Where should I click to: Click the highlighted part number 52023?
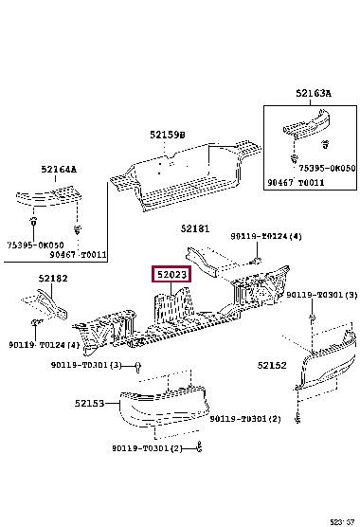[x=171, y=275]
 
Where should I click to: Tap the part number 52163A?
[x=314, y=93]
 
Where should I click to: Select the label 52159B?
[x=168, y=135]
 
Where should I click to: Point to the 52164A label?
[x=59, y=169]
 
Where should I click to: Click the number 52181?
[x=195, y=228]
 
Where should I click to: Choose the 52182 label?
[x=53, y=279]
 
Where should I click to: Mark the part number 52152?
[x=272, y=365]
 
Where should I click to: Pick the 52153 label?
[x=89, y=403]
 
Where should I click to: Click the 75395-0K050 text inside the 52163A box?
[x=327, y=168]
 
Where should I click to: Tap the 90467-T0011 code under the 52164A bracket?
[x=78, y=255]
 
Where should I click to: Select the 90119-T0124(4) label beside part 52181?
[x=266, y=236]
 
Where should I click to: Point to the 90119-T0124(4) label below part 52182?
[x=44, y=345]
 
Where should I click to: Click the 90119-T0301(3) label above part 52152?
[x=322, y=295]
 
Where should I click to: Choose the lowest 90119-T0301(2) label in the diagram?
[x=147, y=448]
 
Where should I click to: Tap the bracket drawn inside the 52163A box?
[x=306, y=123]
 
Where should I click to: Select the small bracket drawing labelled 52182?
[x=45, y=304]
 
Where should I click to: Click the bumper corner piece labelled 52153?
[x=164, y=408]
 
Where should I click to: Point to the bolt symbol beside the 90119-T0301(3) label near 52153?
[x=137, y=367]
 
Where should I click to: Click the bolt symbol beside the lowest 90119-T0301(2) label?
[x=199, y=447]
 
